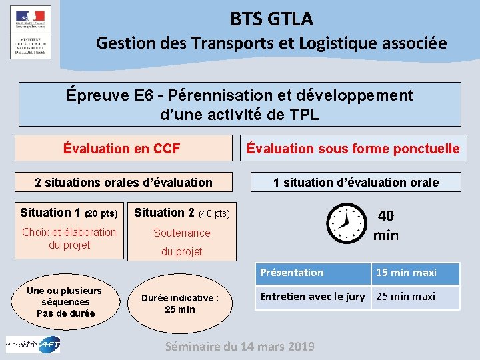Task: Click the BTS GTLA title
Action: [271, 19]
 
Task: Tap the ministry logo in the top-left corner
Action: [30, 32]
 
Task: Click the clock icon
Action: [347, 223]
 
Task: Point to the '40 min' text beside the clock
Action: [386, 225]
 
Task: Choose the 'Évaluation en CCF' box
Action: [122, 149]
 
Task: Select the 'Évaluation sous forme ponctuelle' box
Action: [353, 149]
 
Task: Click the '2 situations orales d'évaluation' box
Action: [123, 182]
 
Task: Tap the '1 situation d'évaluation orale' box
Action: [356, 182]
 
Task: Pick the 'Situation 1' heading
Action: [69, 213]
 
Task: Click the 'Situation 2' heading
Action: [182, 213]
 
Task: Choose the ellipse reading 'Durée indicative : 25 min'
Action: [180, 303]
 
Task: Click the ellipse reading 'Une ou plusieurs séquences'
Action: [65, 302]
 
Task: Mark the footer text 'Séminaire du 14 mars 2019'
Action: [239, 346]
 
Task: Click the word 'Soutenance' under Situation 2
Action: [181, 233]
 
